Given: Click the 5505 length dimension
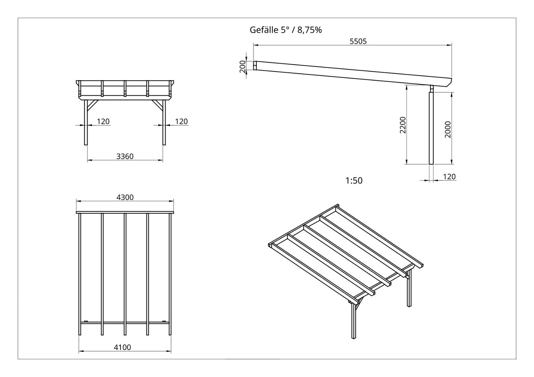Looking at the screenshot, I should (x=358, y=41).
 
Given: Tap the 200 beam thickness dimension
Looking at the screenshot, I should (x=243, y=66).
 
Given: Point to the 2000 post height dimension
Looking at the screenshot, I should (x=448, y=129).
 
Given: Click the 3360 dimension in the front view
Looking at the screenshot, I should (x=125, y=156).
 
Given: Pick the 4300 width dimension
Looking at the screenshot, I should (x=125, y=197).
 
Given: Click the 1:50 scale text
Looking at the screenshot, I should (x=354, y=181).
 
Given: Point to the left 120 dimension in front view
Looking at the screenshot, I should (x=103, y=121).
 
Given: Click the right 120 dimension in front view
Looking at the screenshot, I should (x=181, y=121).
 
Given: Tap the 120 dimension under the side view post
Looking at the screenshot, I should (x=449, y=177).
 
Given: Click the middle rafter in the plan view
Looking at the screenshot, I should (x=125, y=273).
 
